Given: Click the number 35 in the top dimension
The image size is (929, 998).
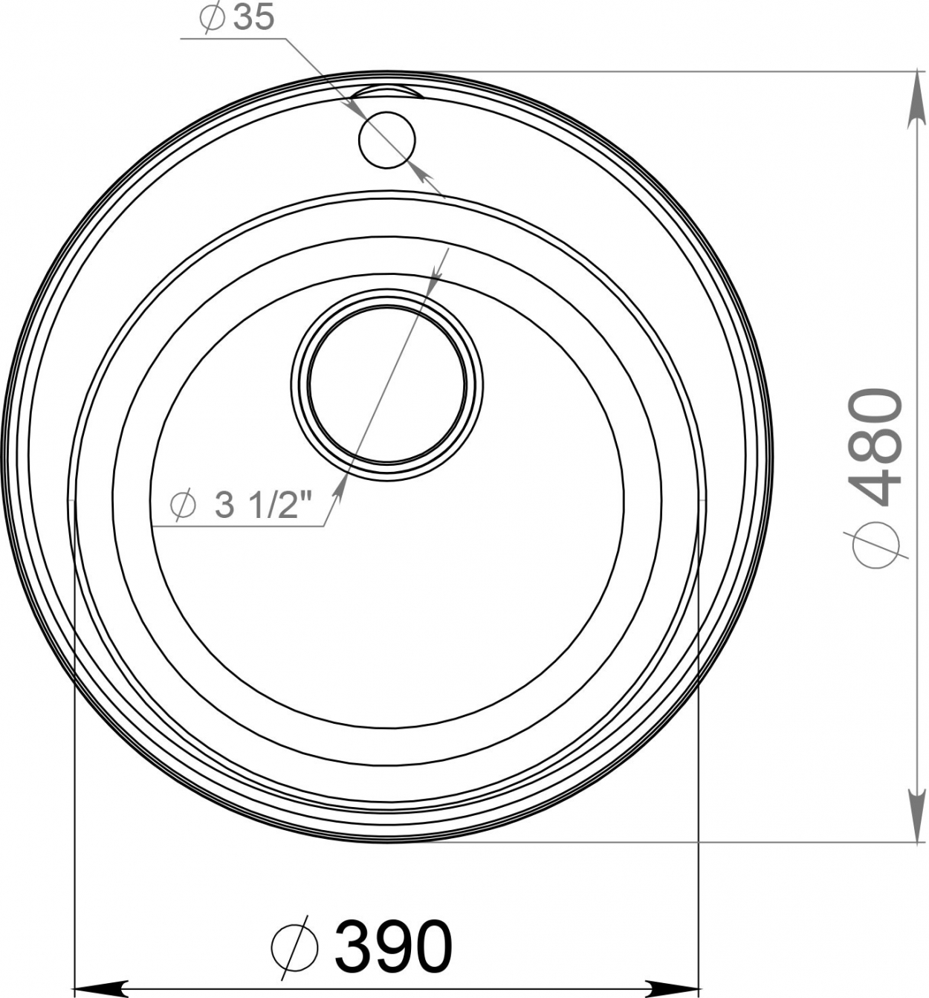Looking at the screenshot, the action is (254, 18).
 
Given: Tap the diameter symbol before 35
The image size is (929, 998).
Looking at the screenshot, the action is (212, 18).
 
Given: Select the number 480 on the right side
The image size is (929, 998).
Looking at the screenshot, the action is (875, 447).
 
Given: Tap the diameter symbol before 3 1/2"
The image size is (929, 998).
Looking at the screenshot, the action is (183, 505).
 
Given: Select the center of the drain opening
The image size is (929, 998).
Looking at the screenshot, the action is (387, 384).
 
